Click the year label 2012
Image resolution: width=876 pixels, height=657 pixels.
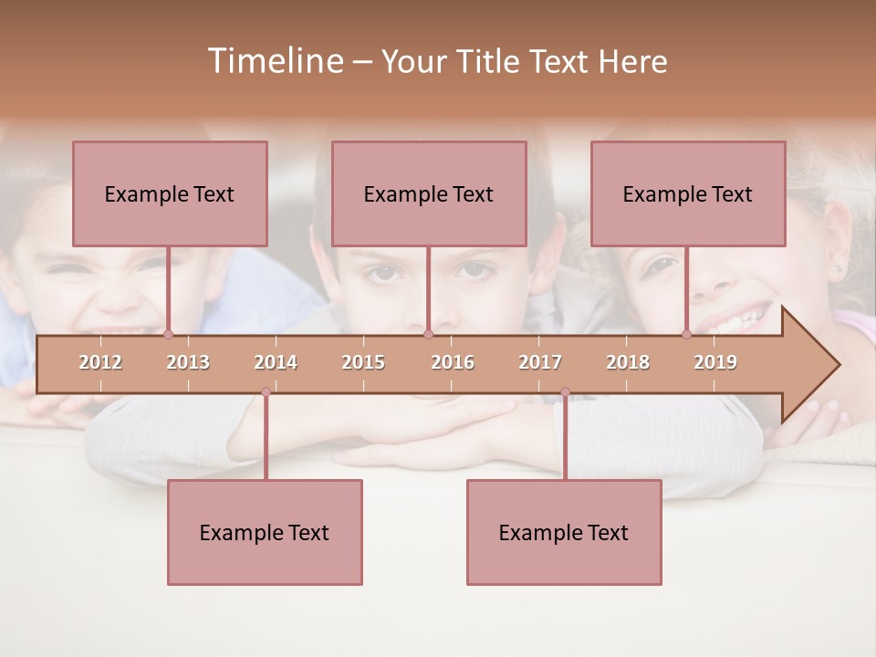tap(100, 362)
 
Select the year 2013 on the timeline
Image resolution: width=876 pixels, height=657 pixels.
tap(188, 362)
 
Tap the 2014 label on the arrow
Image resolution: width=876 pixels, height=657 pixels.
tap(276, 362)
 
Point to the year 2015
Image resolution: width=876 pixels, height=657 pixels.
tap(363, 362)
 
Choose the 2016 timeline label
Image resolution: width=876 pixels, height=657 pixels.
tap(453, 362)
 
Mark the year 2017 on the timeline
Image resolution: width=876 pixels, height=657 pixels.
tap(540, 362)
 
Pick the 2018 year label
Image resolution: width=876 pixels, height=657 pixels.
tap(628, 362)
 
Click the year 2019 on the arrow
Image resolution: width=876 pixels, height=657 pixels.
tap(715, 362)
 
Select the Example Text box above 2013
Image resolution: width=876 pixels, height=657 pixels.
tap(170, 193)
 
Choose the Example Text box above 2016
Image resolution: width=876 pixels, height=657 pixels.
tap(429, 193)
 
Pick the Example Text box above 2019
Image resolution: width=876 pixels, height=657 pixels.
tap(688, 193)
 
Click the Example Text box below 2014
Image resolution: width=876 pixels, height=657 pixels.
tap(265, 532)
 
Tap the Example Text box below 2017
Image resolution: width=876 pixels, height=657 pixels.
tap(564, 532)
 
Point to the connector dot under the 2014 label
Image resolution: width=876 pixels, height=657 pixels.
tap(266, 392)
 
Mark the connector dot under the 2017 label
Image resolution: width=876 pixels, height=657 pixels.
tap(565, 392)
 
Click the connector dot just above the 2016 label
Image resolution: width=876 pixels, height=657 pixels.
tap(428, 335)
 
